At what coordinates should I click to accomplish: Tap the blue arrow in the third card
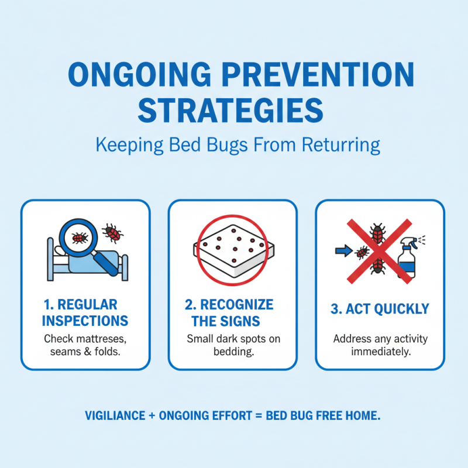343,251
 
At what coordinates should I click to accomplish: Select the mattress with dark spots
233,249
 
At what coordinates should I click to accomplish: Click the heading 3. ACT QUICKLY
380,309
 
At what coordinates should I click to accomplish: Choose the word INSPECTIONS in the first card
85,321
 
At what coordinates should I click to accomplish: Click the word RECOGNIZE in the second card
245,305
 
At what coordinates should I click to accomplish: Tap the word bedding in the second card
232,351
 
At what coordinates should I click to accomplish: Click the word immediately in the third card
380,351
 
